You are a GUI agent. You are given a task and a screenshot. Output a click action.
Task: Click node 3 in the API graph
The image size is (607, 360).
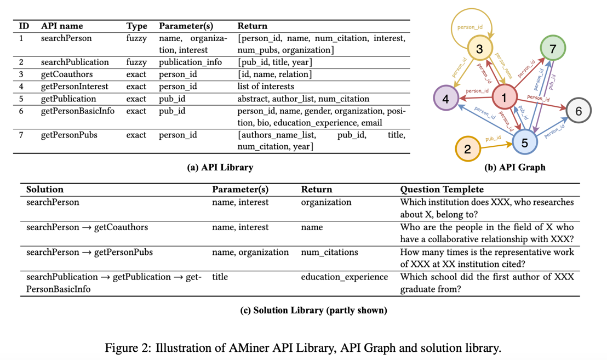[x=479, y=49]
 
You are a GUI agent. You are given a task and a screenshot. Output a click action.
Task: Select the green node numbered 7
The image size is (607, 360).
[x=552, y=49]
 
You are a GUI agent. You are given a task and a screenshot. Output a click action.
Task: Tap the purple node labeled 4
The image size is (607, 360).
[x=446, y=99]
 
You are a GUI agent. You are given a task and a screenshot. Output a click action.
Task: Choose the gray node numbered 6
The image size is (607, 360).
[x=578, y=111]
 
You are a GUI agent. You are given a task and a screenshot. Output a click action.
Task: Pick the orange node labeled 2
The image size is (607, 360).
[x=467, y=148]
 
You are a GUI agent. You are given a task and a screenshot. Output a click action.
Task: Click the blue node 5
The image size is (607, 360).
[x=524, y=142]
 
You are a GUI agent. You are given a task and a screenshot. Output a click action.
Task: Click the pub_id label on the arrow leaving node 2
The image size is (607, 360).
[x=493, y=139]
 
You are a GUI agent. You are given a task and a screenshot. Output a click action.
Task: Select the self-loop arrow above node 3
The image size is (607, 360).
[x=471, y=22]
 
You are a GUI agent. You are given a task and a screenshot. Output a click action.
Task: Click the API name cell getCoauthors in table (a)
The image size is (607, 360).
[x=67, y=75]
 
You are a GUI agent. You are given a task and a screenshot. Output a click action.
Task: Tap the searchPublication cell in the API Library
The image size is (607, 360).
[x=75, y=62]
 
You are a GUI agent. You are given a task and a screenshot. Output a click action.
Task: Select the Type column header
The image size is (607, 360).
[x=136, y=26]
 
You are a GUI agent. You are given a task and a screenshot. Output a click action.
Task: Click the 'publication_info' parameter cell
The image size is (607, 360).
[x=190, y=62]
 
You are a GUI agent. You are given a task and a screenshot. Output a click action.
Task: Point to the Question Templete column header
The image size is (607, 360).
[x=442, y=190]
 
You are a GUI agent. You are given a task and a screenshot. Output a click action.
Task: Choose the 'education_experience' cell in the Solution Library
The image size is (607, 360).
[x=344, y=277]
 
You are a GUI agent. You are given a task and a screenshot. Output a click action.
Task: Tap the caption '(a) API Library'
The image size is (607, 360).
[x=220, y=168]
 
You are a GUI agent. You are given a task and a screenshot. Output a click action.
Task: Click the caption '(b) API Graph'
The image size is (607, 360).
[x=515, y=168]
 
